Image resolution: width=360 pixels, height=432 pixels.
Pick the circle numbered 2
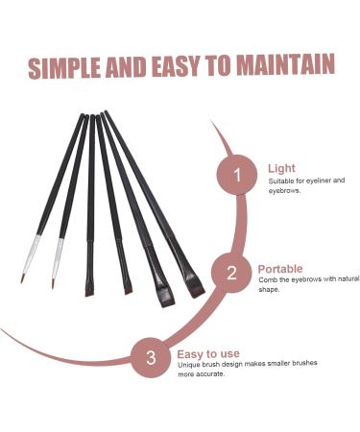(230, 273)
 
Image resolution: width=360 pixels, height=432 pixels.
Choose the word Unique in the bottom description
(190, 364)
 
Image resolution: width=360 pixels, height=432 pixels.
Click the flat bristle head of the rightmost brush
(197, 287)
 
